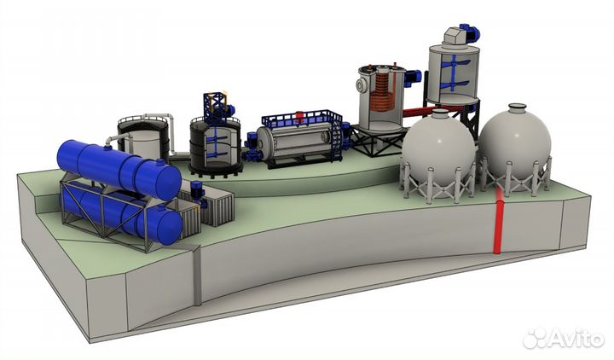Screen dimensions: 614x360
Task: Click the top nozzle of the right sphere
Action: tap(518, 107)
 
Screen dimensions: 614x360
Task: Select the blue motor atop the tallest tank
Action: tap(470, 32)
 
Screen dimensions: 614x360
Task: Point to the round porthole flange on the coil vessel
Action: tap(361, 84)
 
